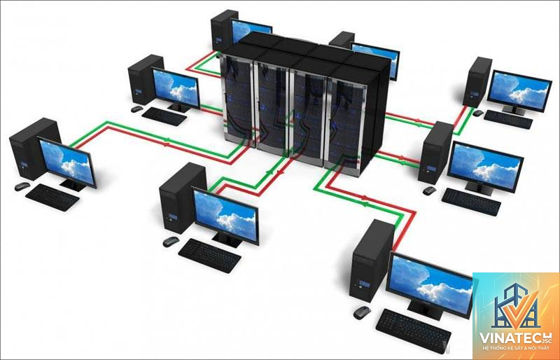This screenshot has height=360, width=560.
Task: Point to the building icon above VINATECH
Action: (515, 305)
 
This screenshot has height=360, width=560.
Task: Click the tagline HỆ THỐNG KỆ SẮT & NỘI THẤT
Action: (516, 348)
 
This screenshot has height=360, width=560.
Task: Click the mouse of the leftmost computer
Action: (22, 186)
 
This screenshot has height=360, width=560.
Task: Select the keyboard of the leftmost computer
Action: (52, 198)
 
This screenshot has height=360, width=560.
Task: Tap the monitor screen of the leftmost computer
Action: (66, 162)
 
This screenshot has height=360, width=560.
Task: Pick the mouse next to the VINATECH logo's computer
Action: (362, 312)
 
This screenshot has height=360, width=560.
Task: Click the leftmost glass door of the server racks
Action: (237, 100)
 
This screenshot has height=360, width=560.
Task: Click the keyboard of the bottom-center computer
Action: (209, 256)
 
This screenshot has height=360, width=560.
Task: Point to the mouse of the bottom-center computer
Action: (171, 242)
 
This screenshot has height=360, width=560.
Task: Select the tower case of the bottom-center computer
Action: (182, 198)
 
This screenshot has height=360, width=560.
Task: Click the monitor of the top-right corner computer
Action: (519, 90)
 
